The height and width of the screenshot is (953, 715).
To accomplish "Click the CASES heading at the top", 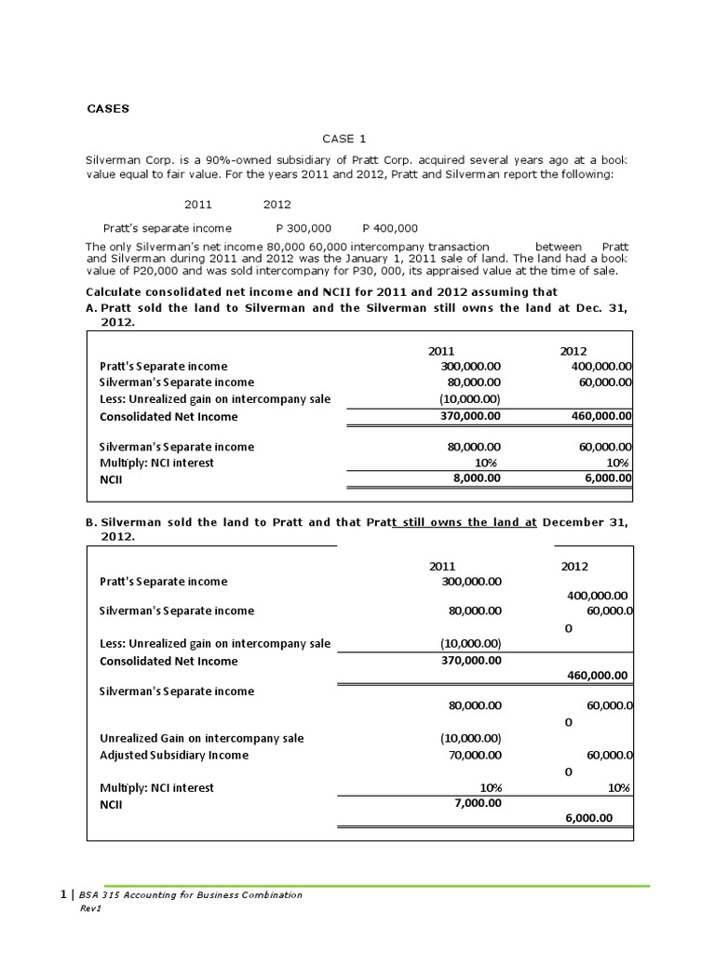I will click(x=109, y=108).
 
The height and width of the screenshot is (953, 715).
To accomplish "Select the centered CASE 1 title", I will click(x=344, y=139).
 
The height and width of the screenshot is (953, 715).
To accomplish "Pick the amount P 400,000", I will click(x=389, y=227).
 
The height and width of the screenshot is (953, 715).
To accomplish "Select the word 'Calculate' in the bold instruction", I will click(x=112, y=293).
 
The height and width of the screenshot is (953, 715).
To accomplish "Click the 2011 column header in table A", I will click(x=441, y=351).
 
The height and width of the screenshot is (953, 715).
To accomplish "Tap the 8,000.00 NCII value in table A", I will click(x=477, y=478).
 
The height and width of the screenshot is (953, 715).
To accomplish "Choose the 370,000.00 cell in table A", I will click(x=470, y=416).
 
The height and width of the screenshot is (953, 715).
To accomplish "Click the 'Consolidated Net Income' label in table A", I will click(x=169, y=416).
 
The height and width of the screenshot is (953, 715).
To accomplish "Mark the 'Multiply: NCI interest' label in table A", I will click(x=156, y=463).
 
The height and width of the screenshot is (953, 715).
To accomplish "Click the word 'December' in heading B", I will click(x=576, y=522).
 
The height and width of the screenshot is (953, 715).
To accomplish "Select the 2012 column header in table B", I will click(x=574, y=566).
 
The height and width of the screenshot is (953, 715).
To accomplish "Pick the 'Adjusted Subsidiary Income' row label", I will click(x=174, y=755).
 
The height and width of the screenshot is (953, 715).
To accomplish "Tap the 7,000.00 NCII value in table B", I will click(x=477, y=802).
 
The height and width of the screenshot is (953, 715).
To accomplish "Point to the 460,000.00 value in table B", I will click(x=597, y=676).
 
